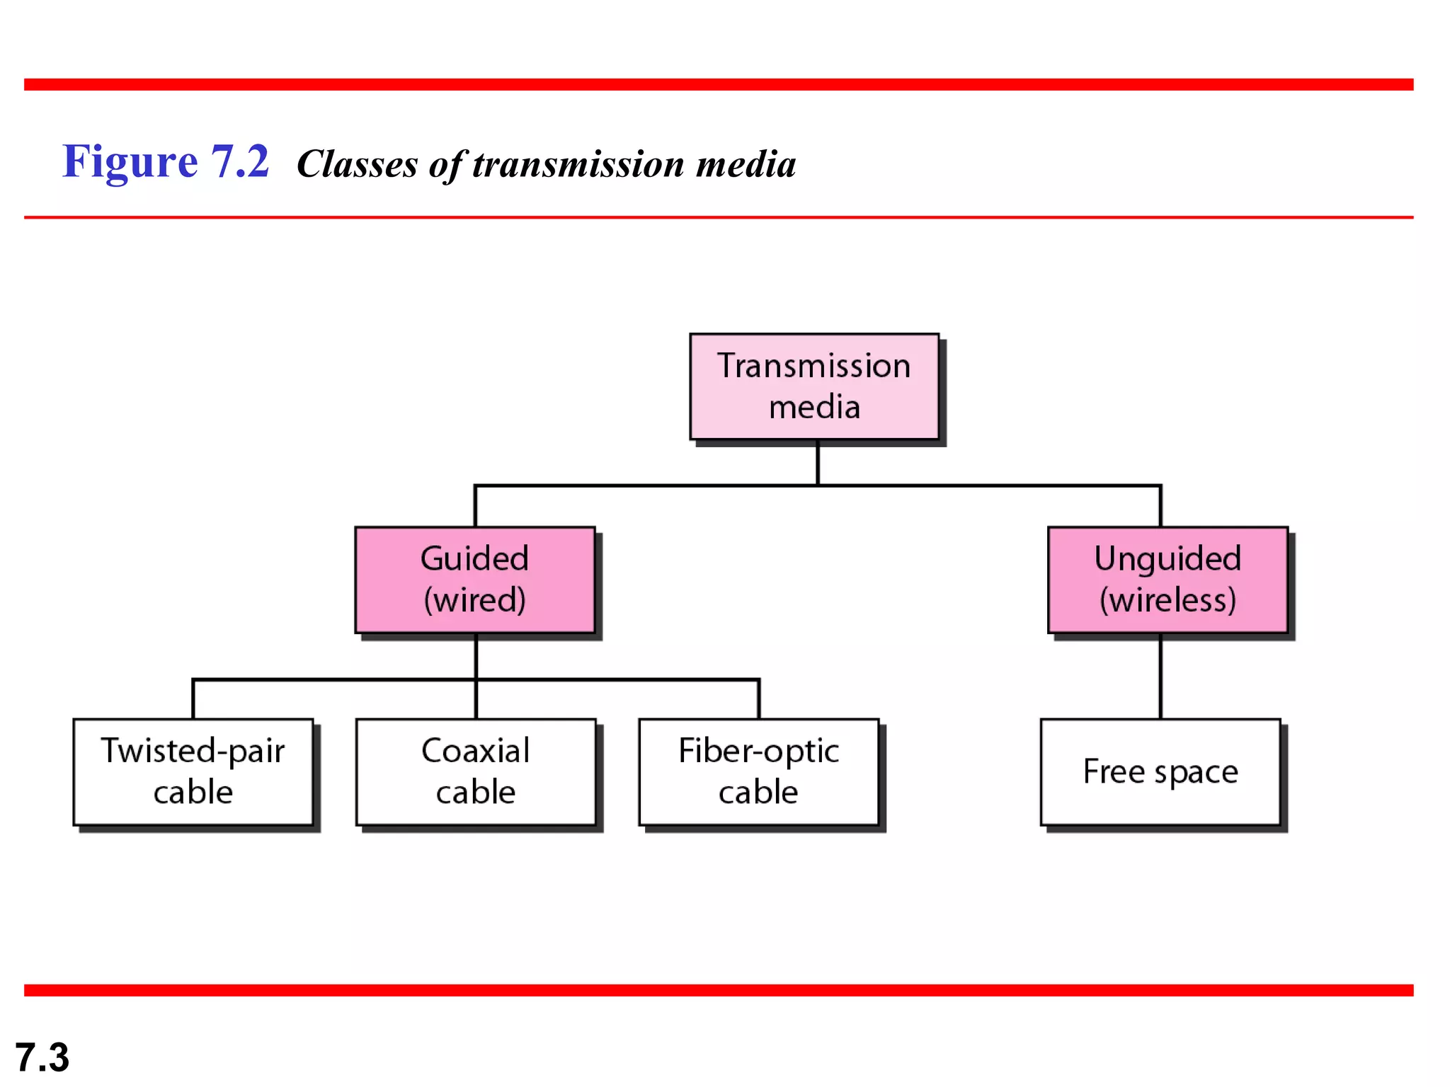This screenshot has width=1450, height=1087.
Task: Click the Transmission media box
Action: point(814,386)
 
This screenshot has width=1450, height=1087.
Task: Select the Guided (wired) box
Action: point(474,580)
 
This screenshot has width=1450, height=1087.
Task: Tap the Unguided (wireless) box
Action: point(1168,580)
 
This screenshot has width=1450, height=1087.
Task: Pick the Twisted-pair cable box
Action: point(193,772)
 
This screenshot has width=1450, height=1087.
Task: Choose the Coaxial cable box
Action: point(475,772)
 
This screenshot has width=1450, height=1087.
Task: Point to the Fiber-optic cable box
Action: point(758,772)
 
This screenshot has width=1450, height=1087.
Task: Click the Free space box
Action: point(1160,772)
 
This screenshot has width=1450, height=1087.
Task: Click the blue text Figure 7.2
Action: point(165,161)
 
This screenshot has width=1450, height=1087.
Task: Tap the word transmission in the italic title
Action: point(578,164)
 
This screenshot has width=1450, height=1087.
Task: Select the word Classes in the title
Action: point(357,164)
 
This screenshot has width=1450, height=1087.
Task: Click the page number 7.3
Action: point(42,1057)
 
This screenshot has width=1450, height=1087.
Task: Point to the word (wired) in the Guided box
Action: point(474,600)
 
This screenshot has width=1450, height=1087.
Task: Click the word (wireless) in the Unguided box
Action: point(1168,600)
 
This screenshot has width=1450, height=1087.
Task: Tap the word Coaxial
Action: point(475,751)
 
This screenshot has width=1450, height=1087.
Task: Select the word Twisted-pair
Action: point(193,751)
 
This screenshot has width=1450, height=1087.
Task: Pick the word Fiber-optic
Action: point(758,751)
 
